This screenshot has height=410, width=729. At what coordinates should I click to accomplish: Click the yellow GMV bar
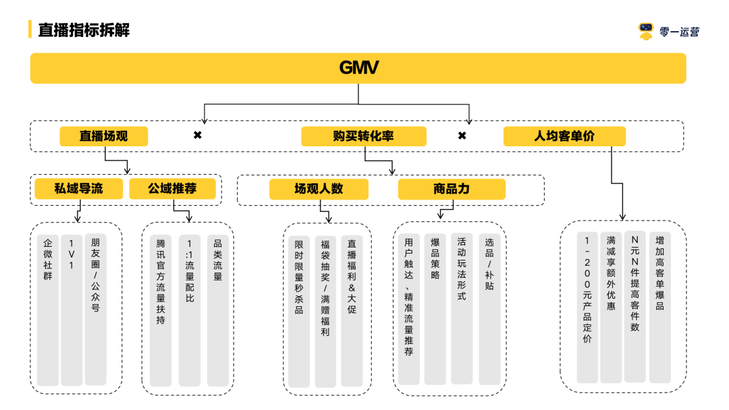click(x=358, y=68)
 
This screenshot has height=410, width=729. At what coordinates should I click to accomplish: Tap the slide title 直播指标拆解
click(x=83, y=30)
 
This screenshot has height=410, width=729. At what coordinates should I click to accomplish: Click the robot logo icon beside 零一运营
click(x=646, y=31)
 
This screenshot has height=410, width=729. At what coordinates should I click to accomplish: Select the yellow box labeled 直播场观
click(x=103, y=136)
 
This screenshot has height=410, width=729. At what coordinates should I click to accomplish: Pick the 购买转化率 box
click(x=363, y=136)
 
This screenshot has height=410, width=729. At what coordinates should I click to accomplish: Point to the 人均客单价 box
click(x=564, y=136)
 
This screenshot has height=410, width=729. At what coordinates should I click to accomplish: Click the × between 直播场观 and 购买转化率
click(x=198, y=136)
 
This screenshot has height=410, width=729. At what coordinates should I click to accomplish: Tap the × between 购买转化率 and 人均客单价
click(x=462, y=136)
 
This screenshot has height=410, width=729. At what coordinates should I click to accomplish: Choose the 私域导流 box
click(x=78, y=189)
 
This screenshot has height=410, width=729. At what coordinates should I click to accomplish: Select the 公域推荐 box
click(x=172, y=189)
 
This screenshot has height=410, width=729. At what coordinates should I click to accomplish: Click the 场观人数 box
click(x=319, y=189)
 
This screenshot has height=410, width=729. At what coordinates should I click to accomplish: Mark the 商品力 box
click(x=451, y=189)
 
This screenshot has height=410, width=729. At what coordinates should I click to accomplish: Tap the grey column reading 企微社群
click(x=47, y=310)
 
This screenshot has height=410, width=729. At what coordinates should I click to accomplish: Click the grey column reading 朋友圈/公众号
click(x=95, y=310)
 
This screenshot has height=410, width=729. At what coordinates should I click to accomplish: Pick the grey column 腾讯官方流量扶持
click(x=161, y=310)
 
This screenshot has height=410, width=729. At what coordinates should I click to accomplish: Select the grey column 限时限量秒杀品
click(x=298, y=311)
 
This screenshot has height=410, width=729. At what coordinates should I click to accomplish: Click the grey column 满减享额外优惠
click(x=611, y=307)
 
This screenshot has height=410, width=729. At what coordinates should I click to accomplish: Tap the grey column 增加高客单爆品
click(x=659, y=307)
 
